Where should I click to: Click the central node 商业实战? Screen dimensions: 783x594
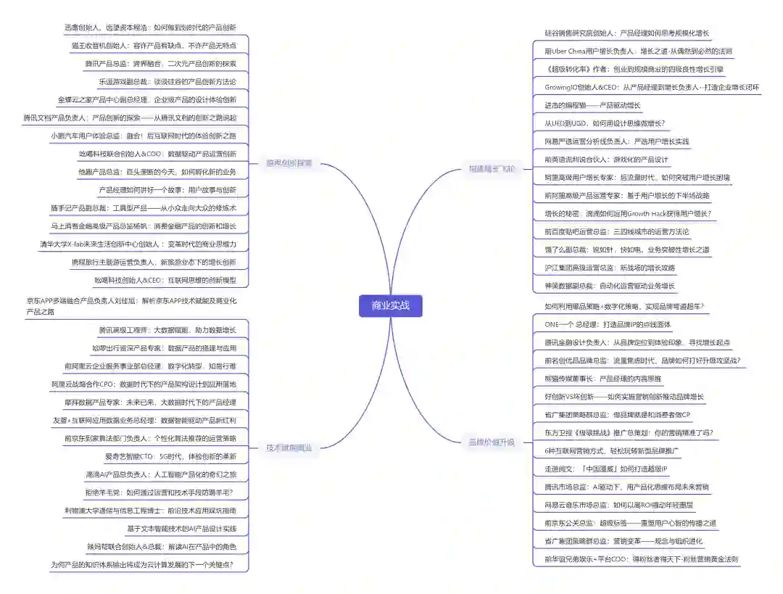coord(390,305)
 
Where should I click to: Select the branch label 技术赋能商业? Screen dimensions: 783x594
coord(289,447)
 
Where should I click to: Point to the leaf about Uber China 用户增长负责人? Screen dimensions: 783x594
coord(638,51)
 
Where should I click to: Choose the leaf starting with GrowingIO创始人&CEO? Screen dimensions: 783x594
coord(652,87)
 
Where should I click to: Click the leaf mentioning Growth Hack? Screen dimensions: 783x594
coord(628,213)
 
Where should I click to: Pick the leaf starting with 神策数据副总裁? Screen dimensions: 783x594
coord(610,286)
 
